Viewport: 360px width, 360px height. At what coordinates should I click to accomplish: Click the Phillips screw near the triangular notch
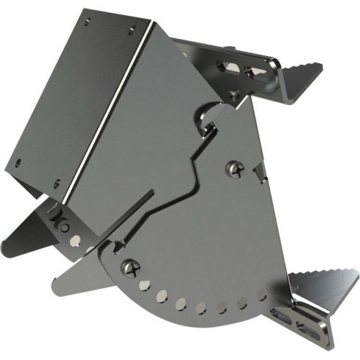(x=234, y=170)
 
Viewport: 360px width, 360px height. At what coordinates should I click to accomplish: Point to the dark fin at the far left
(x=29, y=230)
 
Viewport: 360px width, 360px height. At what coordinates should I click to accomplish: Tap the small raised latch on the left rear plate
(x=57, y=213)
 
